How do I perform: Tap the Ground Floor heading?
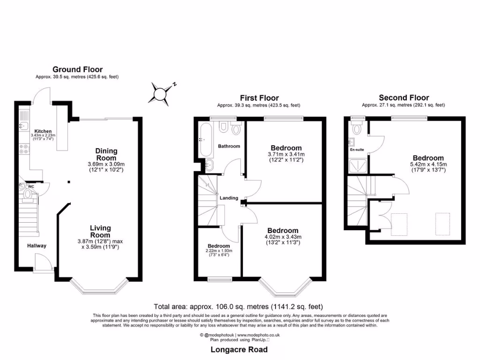[77, 69]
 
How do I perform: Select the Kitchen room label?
[43, 131]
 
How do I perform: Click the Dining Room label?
[106, 154]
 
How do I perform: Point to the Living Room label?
[100, 232]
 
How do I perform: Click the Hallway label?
[37, 246]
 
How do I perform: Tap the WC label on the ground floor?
[31, 187]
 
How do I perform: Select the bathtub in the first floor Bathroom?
[206, 140]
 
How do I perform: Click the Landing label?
[229, 198]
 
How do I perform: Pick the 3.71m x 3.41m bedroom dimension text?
[286, 154]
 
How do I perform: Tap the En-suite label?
[357, 150]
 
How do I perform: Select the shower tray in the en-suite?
[358, 165]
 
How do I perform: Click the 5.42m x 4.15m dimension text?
[428, 165]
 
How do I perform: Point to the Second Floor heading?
[404, 97]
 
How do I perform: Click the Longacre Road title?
[239, 350]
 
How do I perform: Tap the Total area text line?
[238, 307]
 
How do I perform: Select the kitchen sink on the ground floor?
[23, 126]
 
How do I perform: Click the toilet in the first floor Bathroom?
[223, 127]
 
